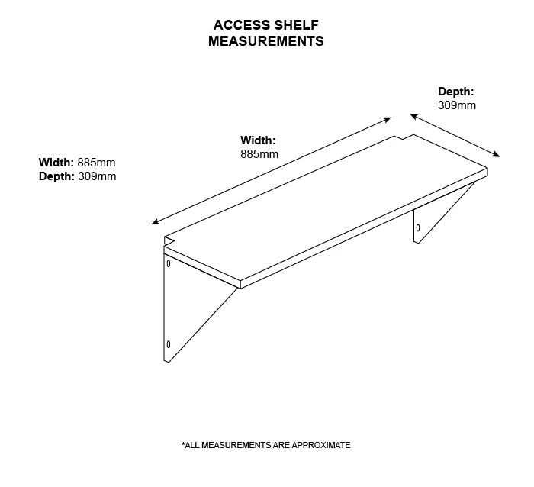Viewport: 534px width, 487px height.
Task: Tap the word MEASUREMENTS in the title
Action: tap(266, 41)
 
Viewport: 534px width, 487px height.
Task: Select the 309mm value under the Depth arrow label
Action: tap(457, 105)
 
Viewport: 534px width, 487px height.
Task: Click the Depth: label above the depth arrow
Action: tap(455, 92)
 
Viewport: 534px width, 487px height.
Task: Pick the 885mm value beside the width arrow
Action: tap(259, 154)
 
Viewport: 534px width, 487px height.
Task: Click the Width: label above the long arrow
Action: tap(258, 140)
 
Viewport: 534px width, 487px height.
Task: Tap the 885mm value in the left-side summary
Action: tap(96, 163)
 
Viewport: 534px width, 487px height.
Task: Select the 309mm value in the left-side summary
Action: tap(97, 176)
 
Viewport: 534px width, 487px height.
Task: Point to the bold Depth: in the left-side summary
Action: tap(56, 176)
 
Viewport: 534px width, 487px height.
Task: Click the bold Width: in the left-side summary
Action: tap(56, 163)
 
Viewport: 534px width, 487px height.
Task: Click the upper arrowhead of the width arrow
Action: tap(388, 120)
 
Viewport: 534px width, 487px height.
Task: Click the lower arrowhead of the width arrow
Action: tap(156, 221)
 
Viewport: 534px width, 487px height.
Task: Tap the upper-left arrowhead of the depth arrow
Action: tap(413, 117)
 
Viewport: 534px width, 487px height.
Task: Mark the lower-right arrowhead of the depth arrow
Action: tap(496, 154)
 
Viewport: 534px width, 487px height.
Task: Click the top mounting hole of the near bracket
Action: tap(169, 263)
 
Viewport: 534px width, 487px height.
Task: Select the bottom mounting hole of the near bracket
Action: tap(169, 344)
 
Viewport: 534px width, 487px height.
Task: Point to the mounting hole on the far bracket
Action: tap(418, 227)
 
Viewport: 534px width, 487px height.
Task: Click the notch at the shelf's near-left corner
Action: tap(169, 240)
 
